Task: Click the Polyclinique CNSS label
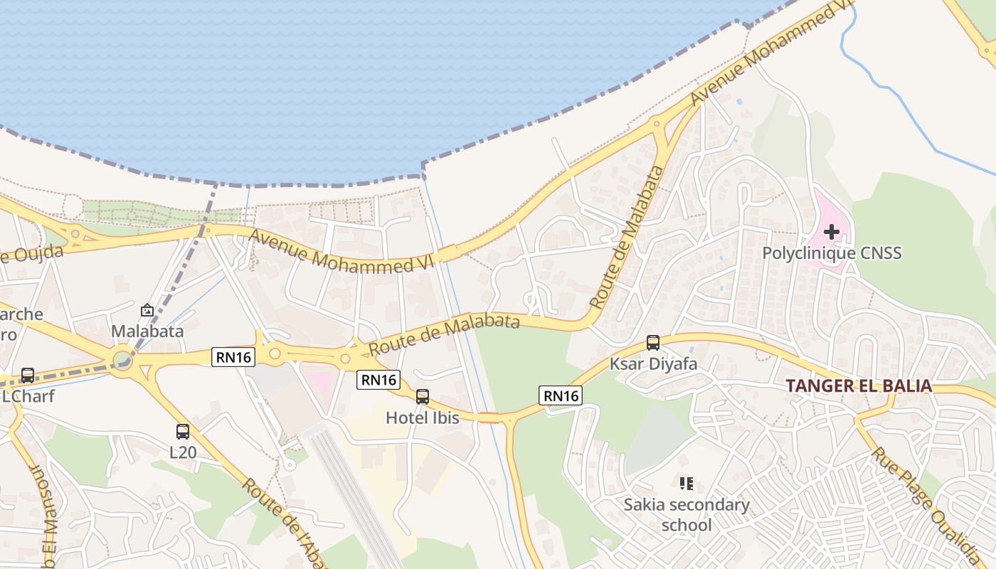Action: coord(832,252)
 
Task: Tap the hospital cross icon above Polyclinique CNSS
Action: coord(831,232)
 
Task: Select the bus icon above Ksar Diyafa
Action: coord(653,343)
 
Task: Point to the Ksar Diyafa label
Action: coord(653,364)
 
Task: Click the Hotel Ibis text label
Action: coord(423,418)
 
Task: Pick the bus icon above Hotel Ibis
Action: coord(423,397)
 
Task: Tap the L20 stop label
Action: coord(183,452)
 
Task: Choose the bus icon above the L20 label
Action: coord(183,431)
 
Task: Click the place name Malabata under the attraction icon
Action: coord(147,331)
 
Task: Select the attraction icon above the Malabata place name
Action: coord(147,310)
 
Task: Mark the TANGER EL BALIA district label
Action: coord(859,385)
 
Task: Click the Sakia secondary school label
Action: coord(687,515)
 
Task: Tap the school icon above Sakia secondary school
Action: coord(687,484)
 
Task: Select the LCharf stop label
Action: coord(28,396)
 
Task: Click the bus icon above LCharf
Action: coord(28,375)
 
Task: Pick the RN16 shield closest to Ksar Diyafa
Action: coord(561,395)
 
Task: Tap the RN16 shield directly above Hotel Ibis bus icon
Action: coord(378,380)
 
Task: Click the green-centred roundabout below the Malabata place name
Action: coord(123,358)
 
